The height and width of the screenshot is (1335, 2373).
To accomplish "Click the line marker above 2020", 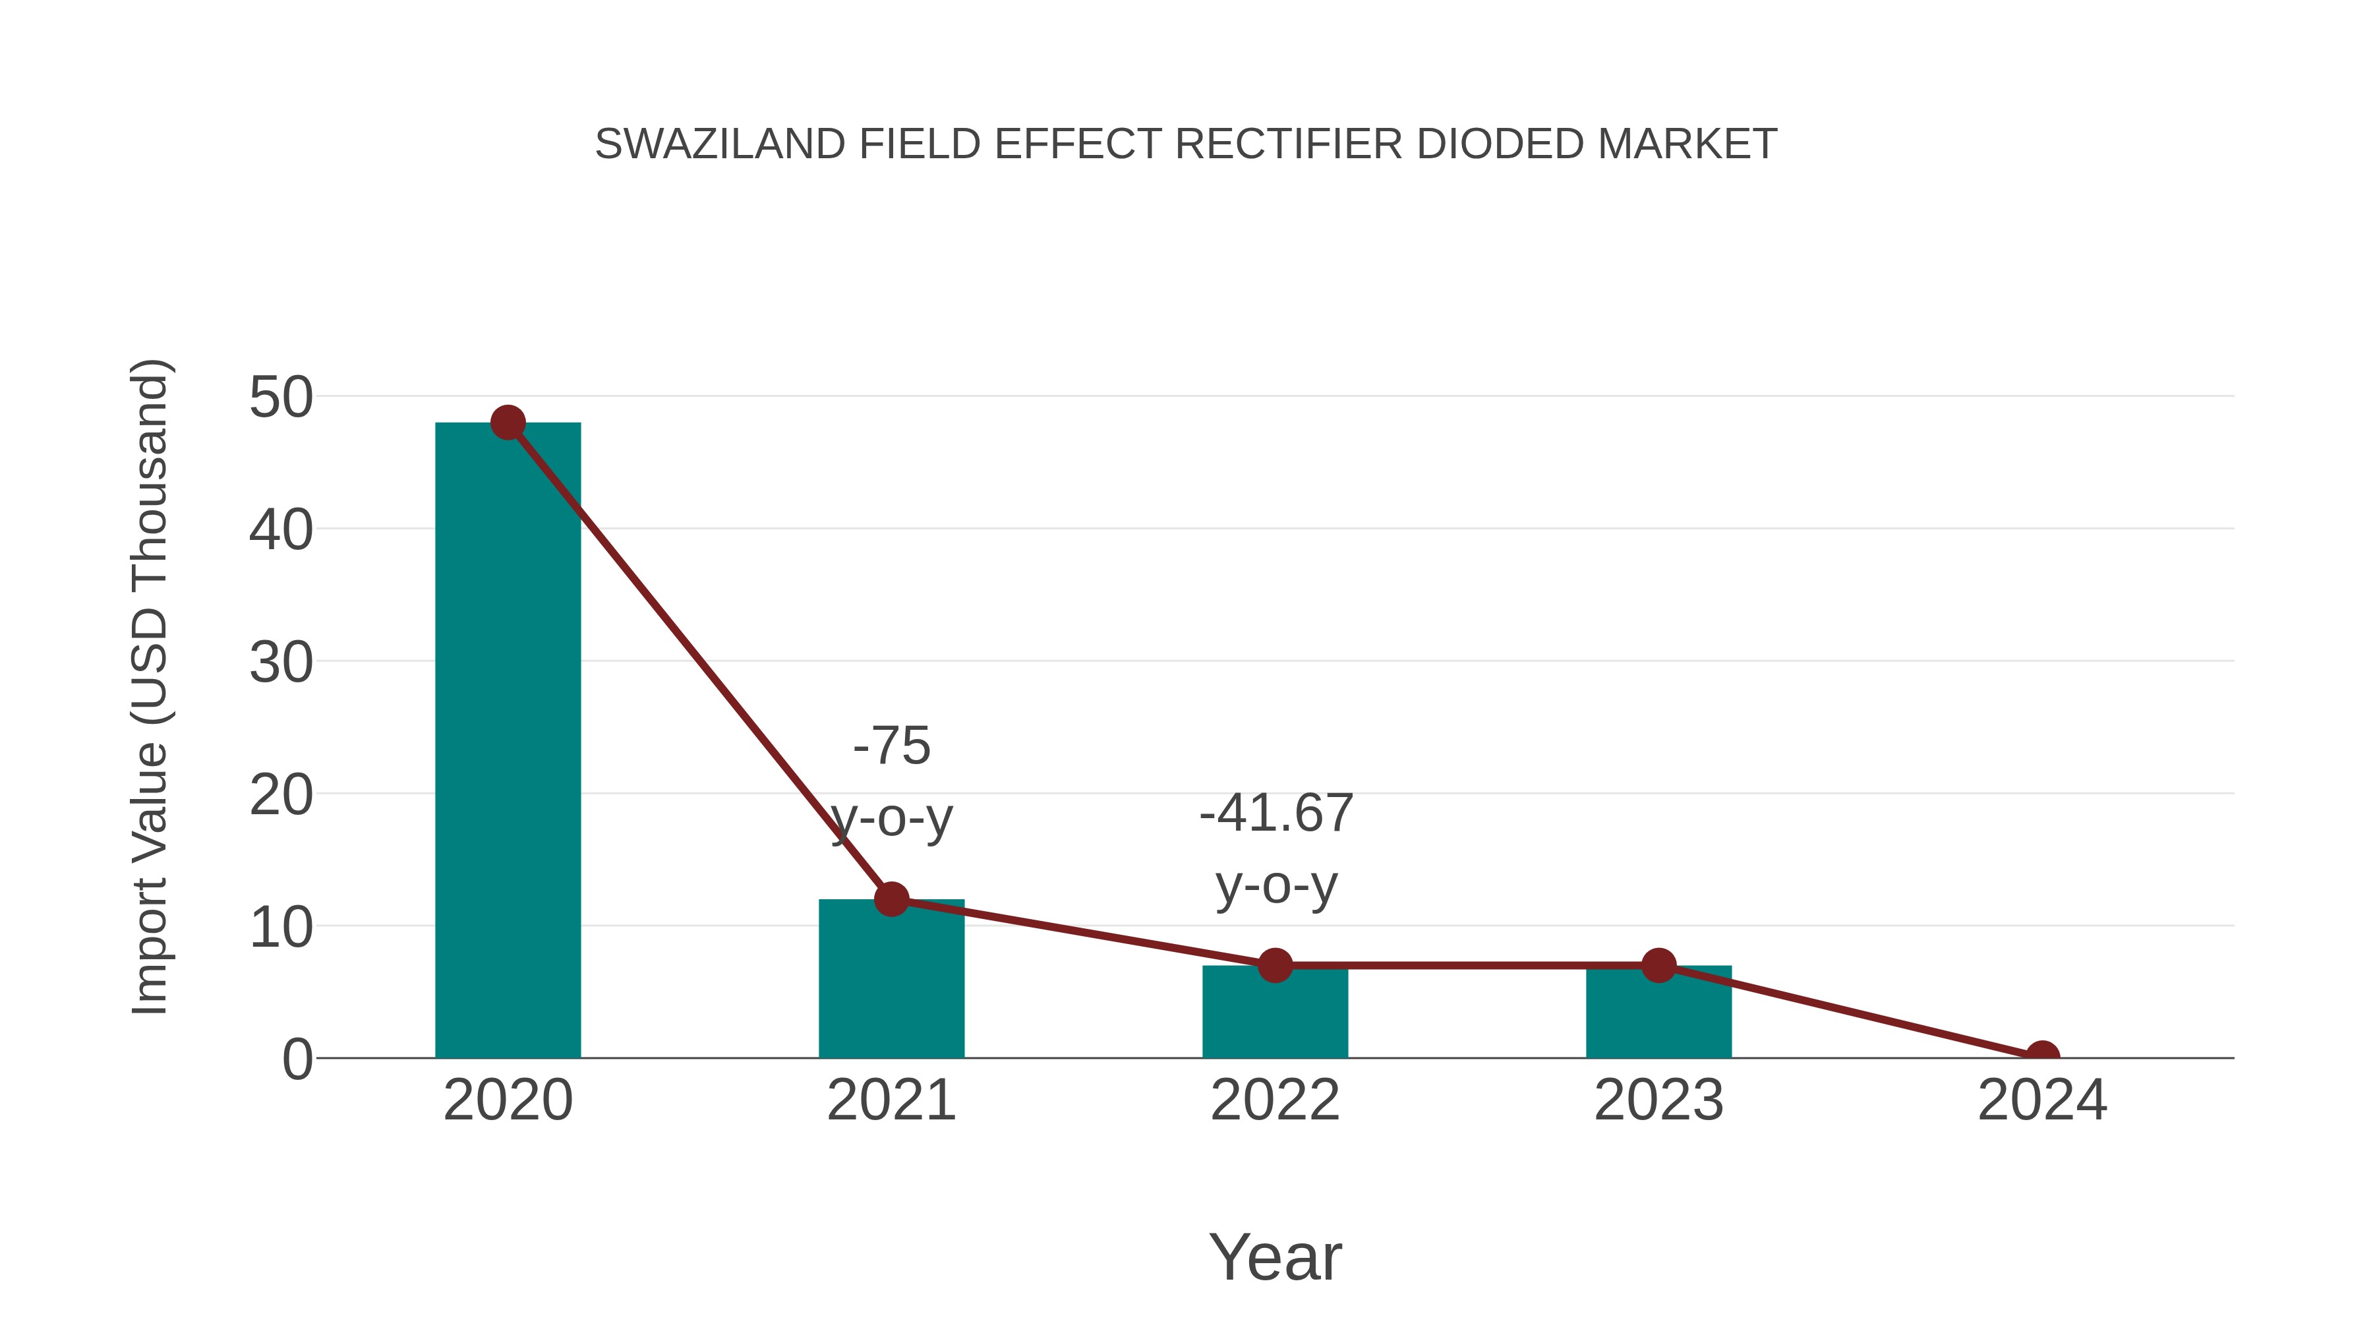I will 508,423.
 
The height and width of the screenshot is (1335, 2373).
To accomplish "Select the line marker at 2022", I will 1275,966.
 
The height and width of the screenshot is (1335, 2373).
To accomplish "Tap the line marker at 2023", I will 1658,966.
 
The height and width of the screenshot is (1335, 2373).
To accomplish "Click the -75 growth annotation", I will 892,746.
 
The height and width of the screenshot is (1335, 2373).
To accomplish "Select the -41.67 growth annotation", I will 1276,814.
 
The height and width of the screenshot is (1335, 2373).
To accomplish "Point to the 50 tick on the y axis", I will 281,398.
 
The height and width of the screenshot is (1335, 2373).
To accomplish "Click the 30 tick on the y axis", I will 281,663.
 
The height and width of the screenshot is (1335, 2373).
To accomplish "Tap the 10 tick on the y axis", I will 281,927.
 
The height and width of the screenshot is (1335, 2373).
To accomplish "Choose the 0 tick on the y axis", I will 297,1059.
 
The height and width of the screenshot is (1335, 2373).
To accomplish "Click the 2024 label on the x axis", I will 2042,1100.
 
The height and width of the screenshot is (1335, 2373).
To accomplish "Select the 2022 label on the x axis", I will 1275,1100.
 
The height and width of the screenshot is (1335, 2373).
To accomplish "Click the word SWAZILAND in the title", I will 719,144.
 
